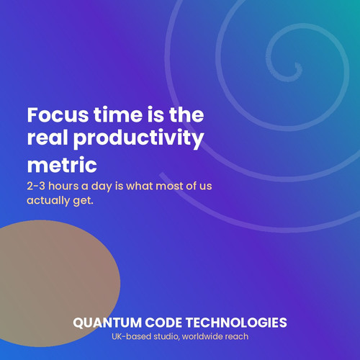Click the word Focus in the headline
(x=58, y=114)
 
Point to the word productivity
(x=139, y=140)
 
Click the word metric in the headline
(x=62, y=165)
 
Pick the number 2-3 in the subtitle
(x=36, y=186)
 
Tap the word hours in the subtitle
(x=63, y=186)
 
